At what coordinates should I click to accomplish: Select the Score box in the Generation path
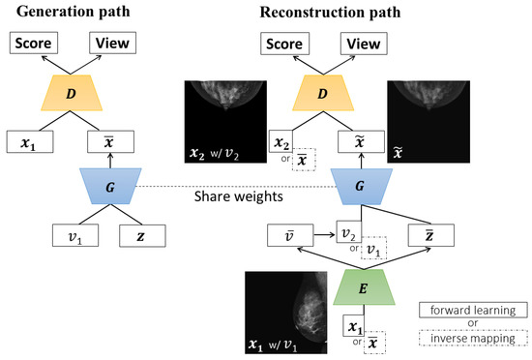pos(34,45)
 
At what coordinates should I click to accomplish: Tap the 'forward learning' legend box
pos(473,311)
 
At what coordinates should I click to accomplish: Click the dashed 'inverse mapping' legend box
pos(473,342)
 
